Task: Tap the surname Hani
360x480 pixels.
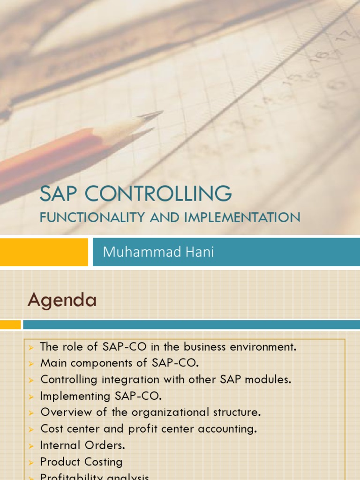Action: click(198, 252)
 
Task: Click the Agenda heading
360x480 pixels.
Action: click(62, 300)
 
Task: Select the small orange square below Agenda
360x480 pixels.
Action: click(10, 324)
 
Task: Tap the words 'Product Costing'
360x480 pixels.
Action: click(81, 462)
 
